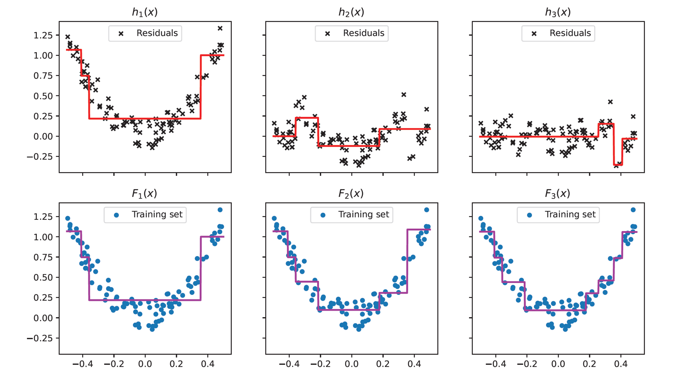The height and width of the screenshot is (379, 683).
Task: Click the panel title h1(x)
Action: (145, 12)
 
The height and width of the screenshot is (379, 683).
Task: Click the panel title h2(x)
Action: (351, 12)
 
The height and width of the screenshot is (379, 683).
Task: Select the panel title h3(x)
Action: (558, 12)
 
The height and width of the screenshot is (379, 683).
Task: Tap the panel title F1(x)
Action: (144, 194)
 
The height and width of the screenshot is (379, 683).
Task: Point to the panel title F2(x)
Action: (351, 194)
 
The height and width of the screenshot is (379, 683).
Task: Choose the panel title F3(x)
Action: (558, 194)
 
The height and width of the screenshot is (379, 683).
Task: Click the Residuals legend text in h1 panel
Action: (157, 33)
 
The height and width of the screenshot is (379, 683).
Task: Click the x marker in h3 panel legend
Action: (534, 34)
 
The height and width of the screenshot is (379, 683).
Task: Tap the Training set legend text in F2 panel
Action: (363, 215)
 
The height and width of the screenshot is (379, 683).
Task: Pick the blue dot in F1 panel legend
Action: (117, 215)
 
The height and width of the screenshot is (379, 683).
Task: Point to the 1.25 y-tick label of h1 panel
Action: (43, 35)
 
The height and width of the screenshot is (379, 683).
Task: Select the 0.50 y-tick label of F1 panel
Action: (43, 278)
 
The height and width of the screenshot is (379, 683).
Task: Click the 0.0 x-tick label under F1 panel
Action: (145, 363)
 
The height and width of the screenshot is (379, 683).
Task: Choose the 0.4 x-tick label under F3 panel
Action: (621, 363)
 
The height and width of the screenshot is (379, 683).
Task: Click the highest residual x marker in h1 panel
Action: (220, 28)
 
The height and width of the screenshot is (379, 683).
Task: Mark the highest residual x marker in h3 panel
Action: (610, 102)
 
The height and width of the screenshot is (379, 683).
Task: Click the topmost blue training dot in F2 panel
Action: (427, 210)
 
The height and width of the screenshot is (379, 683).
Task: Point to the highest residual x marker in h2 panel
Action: (404, 95)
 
